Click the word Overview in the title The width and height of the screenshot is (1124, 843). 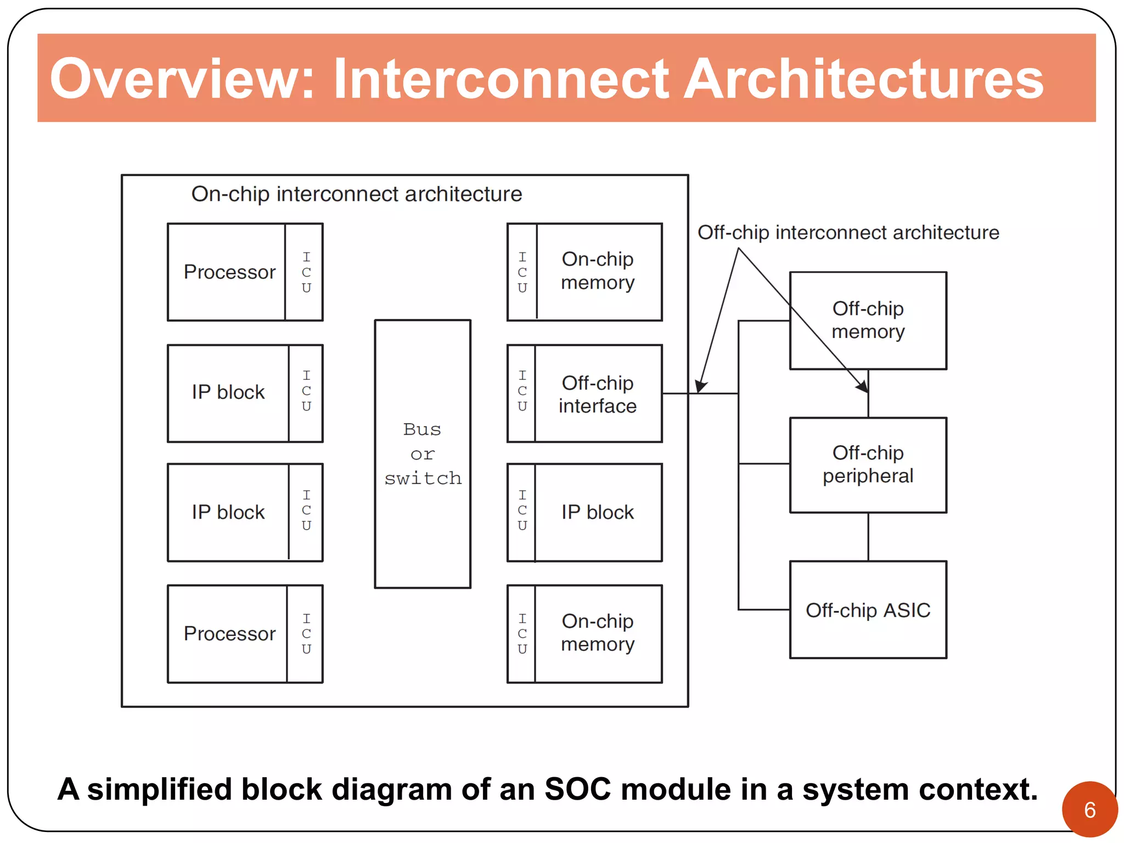(x=181, y=79)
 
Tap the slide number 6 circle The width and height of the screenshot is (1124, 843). (x=1089, y=809)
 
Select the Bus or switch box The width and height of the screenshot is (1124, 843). (x=423, y=454)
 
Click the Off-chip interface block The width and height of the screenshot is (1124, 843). (x=598, y=394)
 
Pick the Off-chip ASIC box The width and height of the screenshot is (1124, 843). (x=868, y=610)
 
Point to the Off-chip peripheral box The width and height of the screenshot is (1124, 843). (x=868, y=465)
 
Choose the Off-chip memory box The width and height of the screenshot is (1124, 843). (x=868, y=321)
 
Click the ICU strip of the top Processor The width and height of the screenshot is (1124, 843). (x=306, y=272)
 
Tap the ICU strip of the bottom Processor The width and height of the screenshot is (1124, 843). (x=306, y=634)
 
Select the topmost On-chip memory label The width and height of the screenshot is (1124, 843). (x=598, y=271)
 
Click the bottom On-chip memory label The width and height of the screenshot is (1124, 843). (x=598, y=633)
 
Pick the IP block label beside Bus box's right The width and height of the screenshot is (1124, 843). (x=598, y=512)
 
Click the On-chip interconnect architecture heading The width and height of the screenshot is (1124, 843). (x=356, y=194)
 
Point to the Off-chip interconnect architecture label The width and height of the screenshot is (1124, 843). (x=848, y=233)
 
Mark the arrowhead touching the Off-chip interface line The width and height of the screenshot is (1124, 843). (x=701, y=386)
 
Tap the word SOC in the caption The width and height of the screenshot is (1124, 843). (x=577, y=789)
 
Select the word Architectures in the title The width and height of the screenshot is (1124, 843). (x=863, y=79)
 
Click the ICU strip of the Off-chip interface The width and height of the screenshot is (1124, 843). (x=522, y=391)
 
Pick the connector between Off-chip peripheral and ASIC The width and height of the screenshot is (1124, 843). (x=868, y=537)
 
